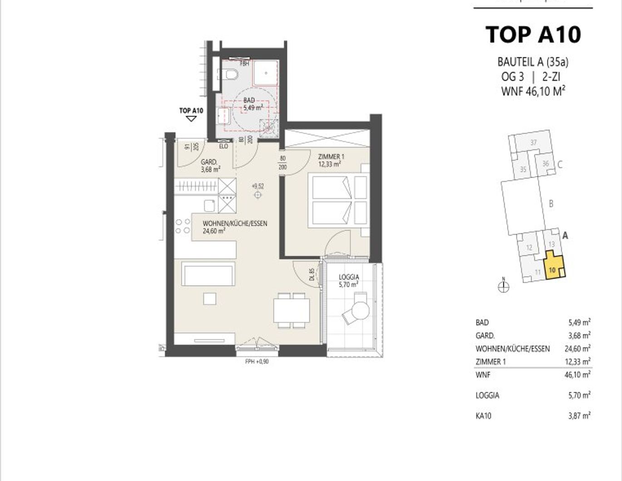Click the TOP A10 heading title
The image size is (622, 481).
pyautogui.click(x=533, y=34)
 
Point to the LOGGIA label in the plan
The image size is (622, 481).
pyautogui.click(x=349, y=280)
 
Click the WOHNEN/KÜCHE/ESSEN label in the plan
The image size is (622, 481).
pyautogui.click(x=235, y=227)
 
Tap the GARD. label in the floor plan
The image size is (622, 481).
pyautogui.click(x=210, y=166)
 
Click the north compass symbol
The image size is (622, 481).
pyautogui.click(x=504, y=286)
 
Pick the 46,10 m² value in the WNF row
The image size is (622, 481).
pyautogui.click(x=579, y=375)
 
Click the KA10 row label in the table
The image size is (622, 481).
pyautogui.click(x=484, y=416)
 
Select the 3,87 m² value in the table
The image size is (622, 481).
pyautogui.click(x=579, y=416)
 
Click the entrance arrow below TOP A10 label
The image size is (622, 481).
pyautogui.click(x=191, y=118)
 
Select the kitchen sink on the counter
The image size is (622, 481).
pyautogui.click(x=209, y=206)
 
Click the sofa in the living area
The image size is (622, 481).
pyautogui.click(x=208, y=273)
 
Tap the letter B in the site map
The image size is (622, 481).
pyautogui.click(x=551, y=204)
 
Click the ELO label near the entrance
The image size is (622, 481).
pyautogui.click(x=223, y=146)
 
